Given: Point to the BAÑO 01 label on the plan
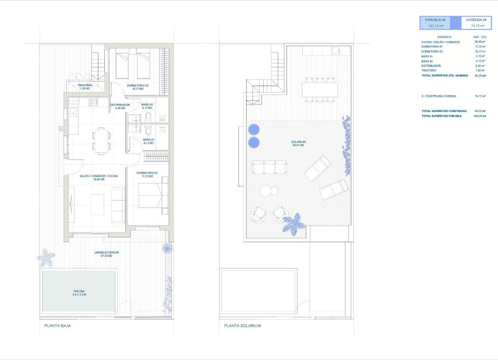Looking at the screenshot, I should pos(148,140).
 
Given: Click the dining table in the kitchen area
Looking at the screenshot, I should pos(101,140).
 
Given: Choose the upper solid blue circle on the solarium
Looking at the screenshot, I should pos(254,129).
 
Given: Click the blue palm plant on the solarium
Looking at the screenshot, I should pos(292,223).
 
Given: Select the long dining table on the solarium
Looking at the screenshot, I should pos(320,89).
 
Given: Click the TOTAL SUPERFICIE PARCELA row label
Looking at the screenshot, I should pos(441,116).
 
